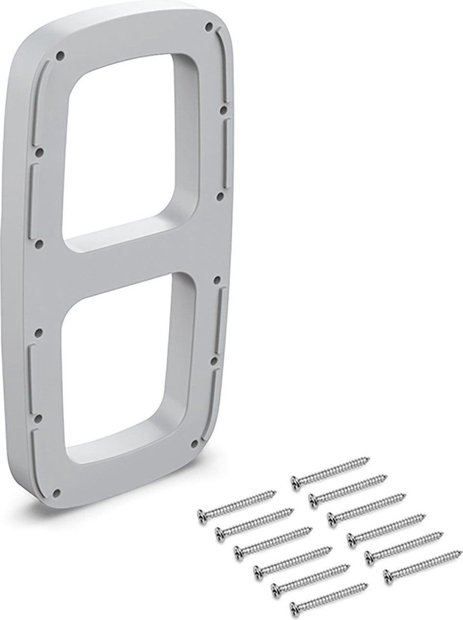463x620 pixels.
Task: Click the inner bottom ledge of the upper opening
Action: tap(124, 227)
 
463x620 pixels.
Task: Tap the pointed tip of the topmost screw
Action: tap(369, 458)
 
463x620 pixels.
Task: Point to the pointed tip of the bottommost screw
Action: tap(367, 585)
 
